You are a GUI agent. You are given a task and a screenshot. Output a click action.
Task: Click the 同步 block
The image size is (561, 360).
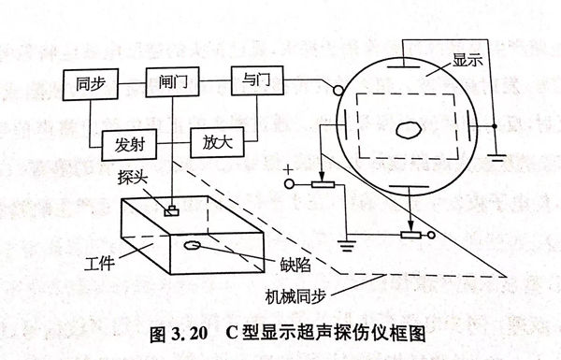90,84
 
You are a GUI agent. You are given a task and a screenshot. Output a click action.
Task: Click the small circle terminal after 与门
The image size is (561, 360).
332,91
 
